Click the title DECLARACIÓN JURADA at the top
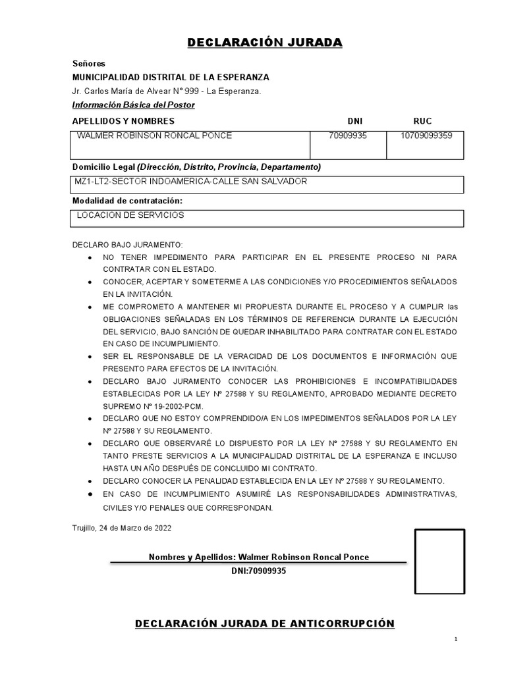coord(265,43)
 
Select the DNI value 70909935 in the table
coord(347,136)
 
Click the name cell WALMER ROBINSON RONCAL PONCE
coord(155,136)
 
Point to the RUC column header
coord(422,121)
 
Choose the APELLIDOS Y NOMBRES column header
coord(123,121)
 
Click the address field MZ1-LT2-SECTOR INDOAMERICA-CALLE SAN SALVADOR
coord(192,182)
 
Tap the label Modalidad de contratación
coord(127,200)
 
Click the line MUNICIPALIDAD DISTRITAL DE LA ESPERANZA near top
coord(171,77)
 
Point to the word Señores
coord(88,64)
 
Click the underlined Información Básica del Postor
coord(134,105)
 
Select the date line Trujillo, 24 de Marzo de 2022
coord(122,528)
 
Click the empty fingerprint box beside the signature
coord(439,561)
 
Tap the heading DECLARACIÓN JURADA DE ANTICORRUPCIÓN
coord(265,623)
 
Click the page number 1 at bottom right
coord(455,640)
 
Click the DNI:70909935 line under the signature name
coord(259,571)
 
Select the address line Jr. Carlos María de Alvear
coord(167,91)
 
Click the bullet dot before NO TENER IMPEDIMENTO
coord(89,257)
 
